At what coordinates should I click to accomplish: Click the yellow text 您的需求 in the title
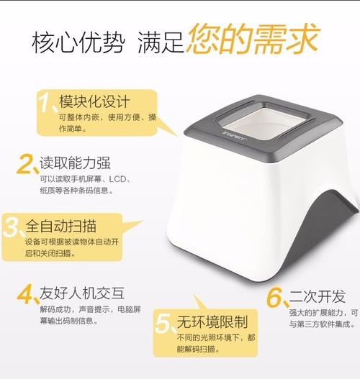[252, 39]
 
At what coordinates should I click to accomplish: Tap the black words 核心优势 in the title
[78, 42]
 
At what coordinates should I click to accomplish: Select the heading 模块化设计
[94, 101]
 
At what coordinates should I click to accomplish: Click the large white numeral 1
[46, 103]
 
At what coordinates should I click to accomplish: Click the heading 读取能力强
[75, 163]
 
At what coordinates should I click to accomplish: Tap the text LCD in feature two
[118, 179]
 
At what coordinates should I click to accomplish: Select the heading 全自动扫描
[61, 226]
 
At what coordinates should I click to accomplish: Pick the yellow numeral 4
[24, 294]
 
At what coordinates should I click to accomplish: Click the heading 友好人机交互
[82, 293]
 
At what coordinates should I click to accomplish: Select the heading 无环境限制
[212, 321]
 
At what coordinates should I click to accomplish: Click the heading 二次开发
[318, 296]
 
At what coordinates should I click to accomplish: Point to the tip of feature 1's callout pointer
[179, 136]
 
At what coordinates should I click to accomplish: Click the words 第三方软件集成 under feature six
[323, 324]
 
